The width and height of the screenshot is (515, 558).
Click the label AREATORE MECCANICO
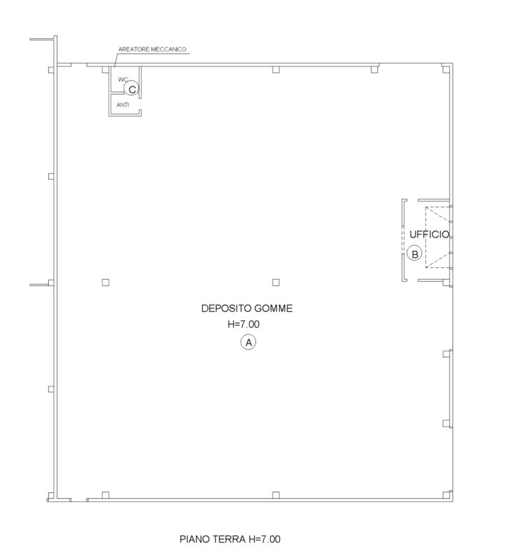[152, 49]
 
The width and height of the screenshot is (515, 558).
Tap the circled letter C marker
[132, 89]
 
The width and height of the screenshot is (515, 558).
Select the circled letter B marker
[414, 254]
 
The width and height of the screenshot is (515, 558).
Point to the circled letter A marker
[248, 342]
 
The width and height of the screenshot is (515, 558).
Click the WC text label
[122, 80]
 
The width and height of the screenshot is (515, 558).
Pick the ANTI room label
[122, 105]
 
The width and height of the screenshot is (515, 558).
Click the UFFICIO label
[429, 234]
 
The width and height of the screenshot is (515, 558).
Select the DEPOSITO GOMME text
[247, 308]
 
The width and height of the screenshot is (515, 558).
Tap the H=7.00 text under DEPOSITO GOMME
[244, 324]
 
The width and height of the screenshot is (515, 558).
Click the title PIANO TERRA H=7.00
[230, 539]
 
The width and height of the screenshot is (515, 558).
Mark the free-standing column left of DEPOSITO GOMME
[105, 282]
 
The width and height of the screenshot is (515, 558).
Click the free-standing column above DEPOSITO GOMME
[276, 282]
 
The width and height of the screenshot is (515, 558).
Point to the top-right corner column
[446, 69]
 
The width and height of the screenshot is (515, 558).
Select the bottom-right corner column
[446, 495]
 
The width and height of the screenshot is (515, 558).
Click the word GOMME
[273, 308]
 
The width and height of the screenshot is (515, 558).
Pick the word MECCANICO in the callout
[169, 49]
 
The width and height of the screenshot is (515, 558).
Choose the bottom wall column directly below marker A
[276, 495]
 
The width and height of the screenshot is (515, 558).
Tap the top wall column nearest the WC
[105, 69]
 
